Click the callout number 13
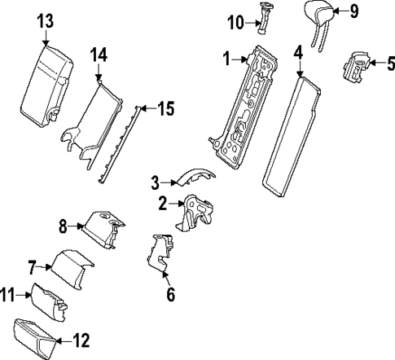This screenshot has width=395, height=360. [44, 20]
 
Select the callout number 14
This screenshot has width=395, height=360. [99, 55]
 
